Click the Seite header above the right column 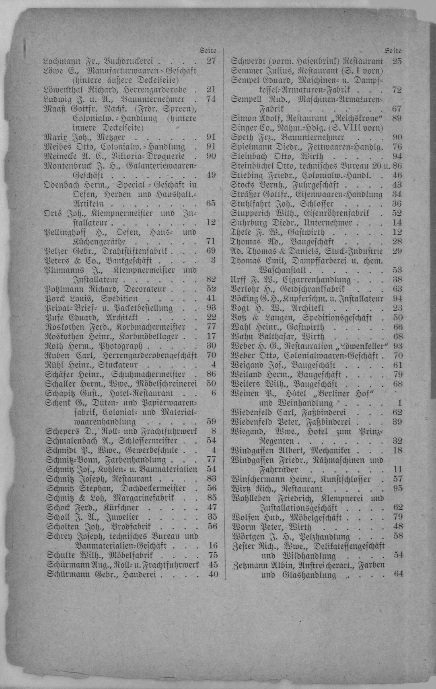pyautogui.click(x=393, y=51)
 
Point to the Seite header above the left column pyautogui.click(x=208, y=51)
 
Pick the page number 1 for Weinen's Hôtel pyautogui.click(x=399, y=403)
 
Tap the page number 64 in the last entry pyautogui.click(x=398, y=574)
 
